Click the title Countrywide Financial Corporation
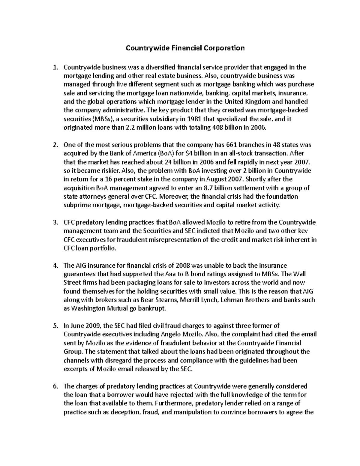tap(185, 48)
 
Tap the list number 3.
tap(55, 223)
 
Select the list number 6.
tap(55, 386)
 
